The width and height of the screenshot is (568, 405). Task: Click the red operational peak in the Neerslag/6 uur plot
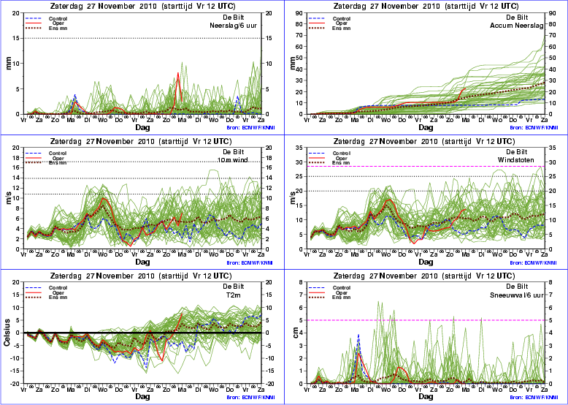[x=178, y=73]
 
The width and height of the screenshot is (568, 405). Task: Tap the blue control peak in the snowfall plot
[x=358, y=336]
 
